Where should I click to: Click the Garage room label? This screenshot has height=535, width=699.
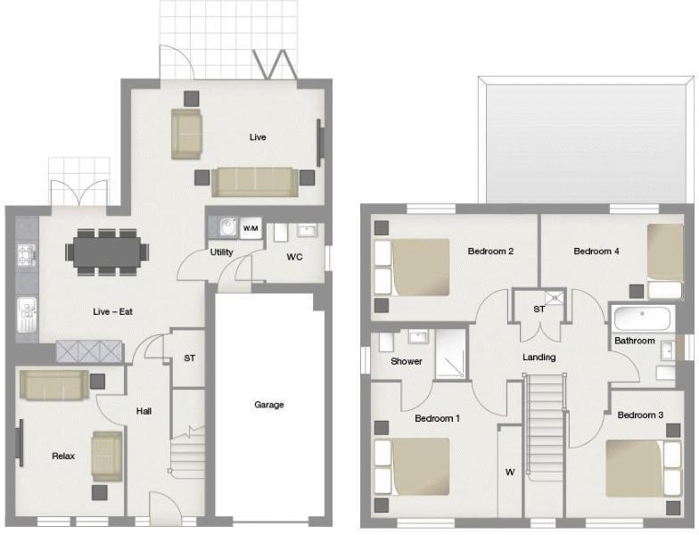click(268, 405)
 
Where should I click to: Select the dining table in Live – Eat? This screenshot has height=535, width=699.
click(107, 251)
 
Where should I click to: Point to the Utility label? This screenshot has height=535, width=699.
click(222, 252)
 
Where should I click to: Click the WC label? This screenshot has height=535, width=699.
click(295, 257)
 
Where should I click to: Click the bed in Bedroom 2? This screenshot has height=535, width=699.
click(411, 267)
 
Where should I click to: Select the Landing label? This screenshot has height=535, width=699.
click(539, 358)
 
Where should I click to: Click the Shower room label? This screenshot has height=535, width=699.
click(407, 361)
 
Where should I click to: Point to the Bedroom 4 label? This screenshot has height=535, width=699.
click(596, 251)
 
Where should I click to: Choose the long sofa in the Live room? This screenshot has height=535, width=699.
click(254, 181)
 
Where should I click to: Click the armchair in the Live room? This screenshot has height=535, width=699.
click(187, 134)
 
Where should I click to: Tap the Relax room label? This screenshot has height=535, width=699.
click(63, 456)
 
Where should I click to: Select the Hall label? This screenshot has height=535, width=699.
click(144, 411)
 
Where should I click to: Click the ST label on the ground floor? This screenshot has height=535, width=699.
click(189, 358)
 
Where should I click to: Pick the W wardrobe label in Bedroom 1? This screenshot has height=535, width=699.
click(510, 472)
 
